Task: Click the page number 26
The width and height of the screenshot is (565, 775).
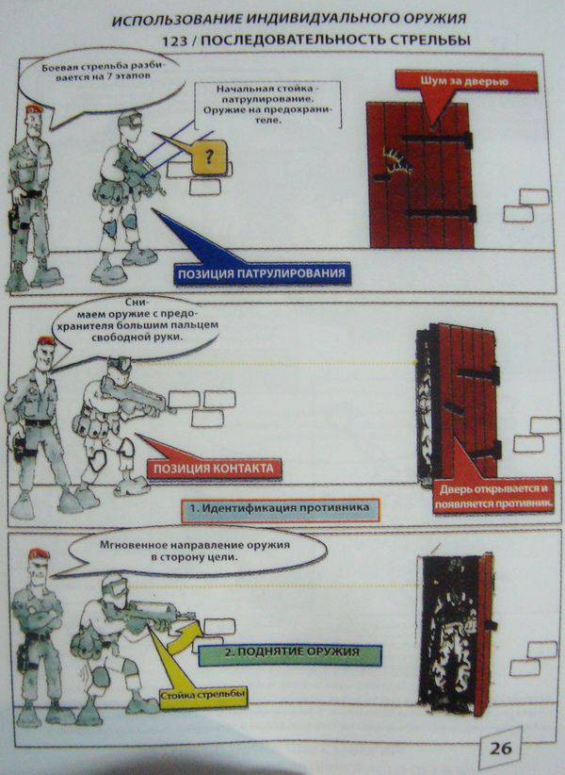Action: click(500, 749)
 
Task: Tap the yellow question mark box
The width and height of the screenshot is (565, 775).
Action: click(209, 157)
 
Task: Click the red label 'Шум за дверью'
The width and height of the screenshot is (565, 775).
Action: click(465, 81)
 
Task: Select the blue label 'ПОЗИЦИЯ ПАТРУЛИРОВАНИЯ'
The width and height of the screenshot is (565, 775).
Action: click(262, 273)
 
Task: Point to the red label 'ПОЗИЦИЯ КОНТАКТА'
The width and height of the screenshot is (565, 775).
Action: click(214, 468)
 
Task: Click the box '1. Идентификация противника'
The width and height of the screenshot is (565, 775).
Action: click(280, 509)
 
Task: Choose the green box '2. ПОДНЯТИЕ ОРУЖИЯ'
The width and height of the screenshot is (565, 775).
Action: click(291, 653)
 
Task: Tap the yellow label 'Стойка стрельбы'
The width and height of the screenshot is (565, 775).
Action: click(202, 696)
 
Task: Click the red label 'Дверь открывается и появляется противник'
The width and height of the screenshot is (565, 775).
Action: click(493, 496)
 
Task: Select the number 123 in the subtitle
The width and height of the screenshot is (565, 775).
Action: click(174, 41)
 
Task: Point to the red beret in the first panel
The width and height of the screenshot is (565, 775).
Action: click(35, 110)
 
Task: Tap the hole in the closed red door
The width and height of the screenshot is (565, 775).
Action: click(397, 162)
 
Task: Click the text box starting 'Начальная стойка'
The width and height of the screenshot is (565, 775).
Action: click(268, 105)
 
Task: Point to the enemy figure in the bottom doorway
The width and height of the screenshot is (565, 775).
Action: click(451, 637)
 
